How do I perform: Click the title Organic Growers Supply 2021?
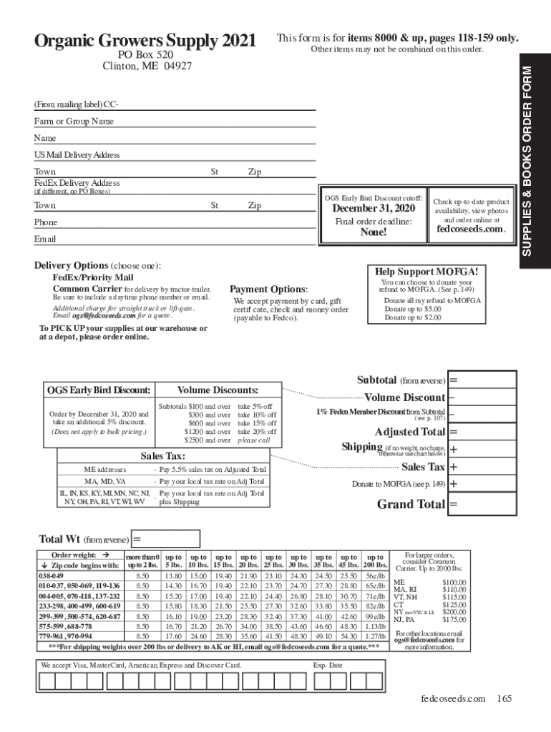[145, 41]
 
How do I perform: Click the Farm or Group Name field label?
[74, 122]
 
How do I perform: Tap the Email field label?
[45, 239]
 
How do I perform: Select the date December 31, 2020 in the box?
[373, 209]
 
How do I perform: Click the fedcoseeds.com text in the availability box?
[471, 229]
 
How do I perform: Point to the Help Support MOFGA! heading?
[426, 272]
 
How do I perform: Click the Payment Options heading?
[268, 290]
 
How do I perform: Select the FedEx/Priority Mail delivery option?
[93, 277]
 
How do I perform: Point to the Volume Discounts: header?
[218, 390]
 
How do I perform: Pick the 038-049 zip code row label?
[51, 575]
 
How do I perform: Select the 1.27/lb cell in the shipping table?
[375, 635]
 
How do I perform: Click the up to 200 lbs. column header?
[375, 560]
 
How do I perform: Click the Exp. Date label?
[328, 665]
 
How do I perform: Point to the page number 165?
[504, 698]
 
